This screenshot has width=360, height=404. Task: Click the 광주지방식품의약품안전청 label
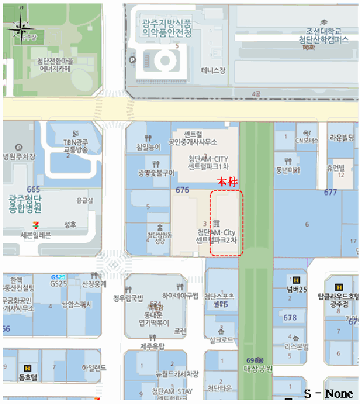point(166,28)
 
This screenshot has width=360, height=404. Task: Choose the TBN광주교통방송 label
point(75,146)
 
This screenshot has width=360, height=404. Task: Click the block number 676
point(182,190)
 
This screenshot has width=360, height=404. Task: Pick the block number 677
point(331,192)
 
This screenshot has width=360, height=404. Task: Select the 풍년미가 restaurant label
point(288,170)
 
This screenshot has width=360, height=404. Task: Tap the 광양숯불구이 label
point(156,173)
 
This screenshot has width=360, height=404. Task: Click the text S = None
point(328,394)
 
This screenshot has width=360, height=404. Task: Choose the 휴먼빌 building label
point(336,167)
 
